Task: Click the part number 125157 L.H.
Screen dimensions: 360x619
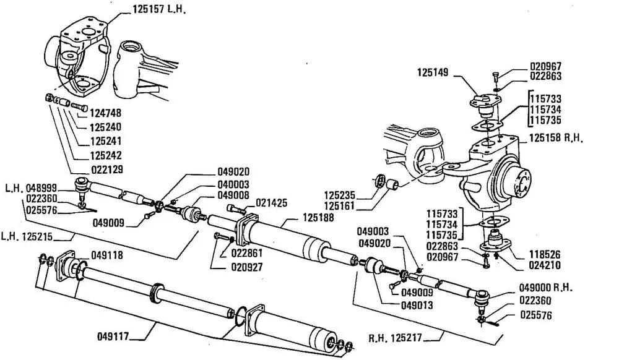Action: click(159, 11)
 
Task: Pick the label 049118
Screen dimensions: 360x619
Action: click(106, 254)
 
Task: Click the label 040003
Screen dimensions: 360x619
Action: click(232, 184)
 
